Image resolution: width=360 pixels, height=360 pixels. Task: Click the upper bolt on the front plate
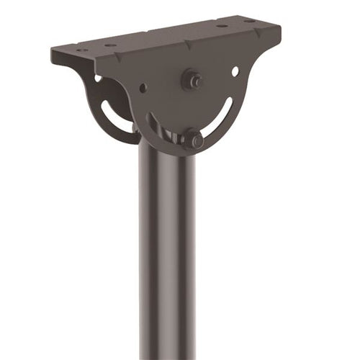193,79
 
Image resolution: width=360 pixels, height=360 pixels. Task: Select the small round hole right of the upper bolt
235,71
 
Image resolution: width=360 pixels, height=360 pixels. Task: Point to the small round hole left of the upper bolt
143,88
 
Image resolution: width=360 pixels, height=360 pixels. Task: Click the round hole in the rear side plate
98,78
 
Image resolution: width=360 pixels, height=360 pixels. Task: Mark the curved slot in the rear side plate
115,115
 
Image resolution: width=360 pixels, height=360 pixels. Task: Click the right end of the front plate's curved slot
229,108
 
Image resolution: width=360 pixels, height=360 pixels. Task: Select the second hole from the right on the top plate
221,26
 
